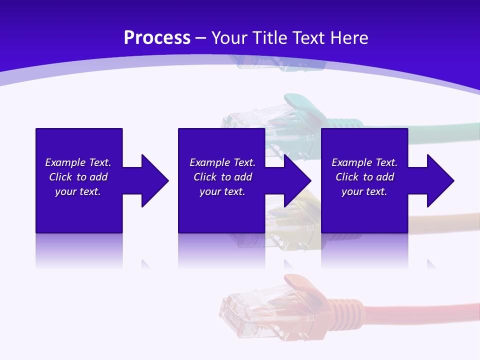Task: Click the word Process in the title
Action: click(157, 38)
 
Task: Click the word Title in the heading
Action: click(271, 38)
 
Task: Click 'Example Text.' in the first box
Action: click(78, 162)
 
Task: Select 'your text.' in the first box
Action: click(78, 191)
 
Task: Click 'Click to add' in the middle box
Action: click(222, 177)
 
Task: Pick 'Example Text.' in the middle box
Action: click(222, 162)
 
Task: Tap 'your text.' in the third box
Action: click(364, 191)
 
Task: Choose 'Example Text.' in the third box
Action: click(364, 162)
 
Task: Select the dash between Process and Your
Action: click(201, 38)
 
